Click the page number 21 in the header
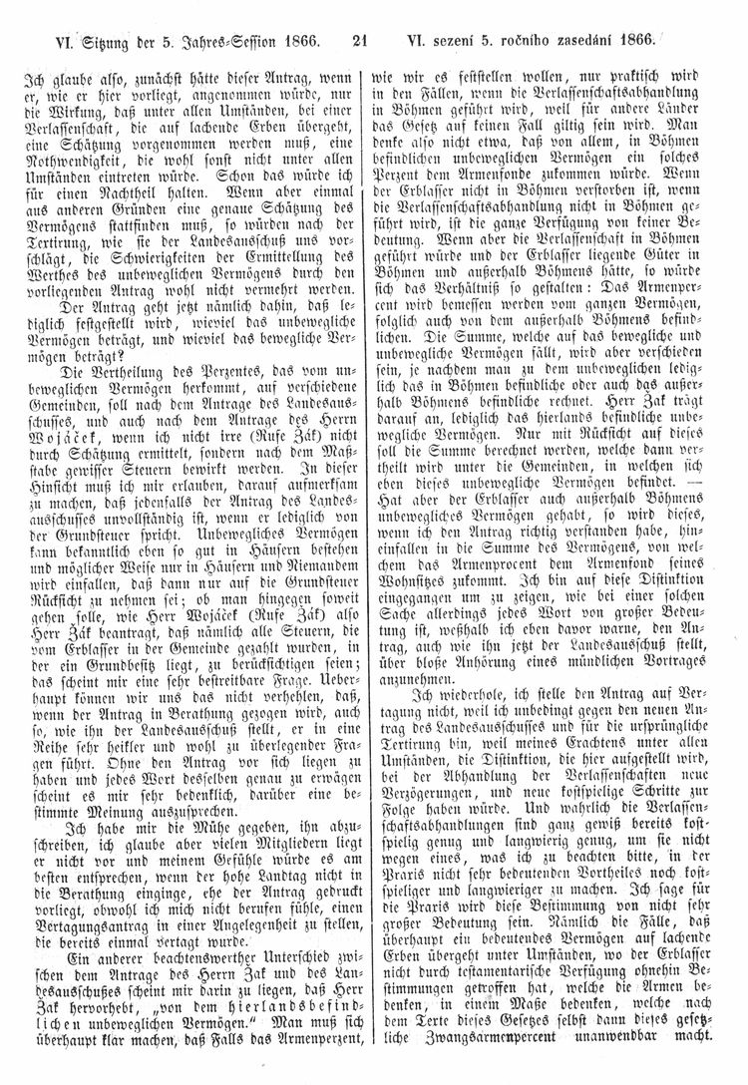pos(360,41)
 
